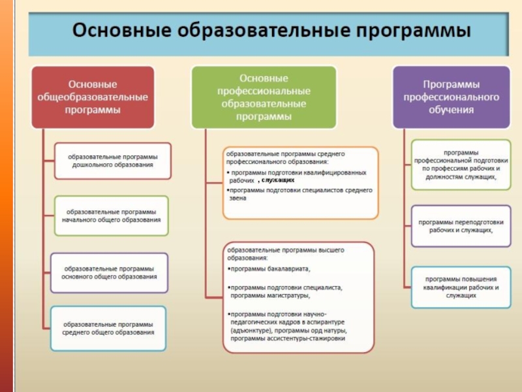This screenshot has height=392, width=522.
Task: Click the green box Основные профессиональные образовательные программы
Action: [x=264, y=97]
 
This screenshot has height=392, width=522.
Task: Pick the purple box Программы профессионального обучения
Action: [x=451, y=97]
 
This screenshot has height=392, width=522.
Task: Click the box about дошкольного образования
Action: [x=113, y=161]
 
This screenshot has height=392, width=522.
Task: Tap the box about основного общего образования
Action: [x=109, y=272]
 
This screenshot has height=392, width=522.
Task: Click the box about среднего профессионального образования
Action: [x=300, y=182]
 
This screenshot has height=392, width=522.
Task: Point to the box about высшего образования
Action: [x=299, y=297]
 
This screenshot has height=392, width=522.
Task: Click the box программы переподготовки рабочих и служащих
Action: [x=461, y=226]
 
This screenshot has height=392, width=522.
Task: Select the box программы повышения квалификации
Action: [x=461, y=287]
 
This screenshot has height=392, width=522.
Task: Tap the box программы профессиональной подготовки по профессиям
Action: [x=461, y=165]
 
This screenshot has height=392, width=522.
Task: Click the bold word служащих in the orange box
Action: [x=277, y=180]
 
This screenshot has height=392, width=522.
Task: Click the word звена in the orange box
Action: [x=238, y=198]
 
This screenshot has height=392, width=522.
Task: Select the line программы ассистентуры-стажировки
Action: [x=287, y=339]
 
